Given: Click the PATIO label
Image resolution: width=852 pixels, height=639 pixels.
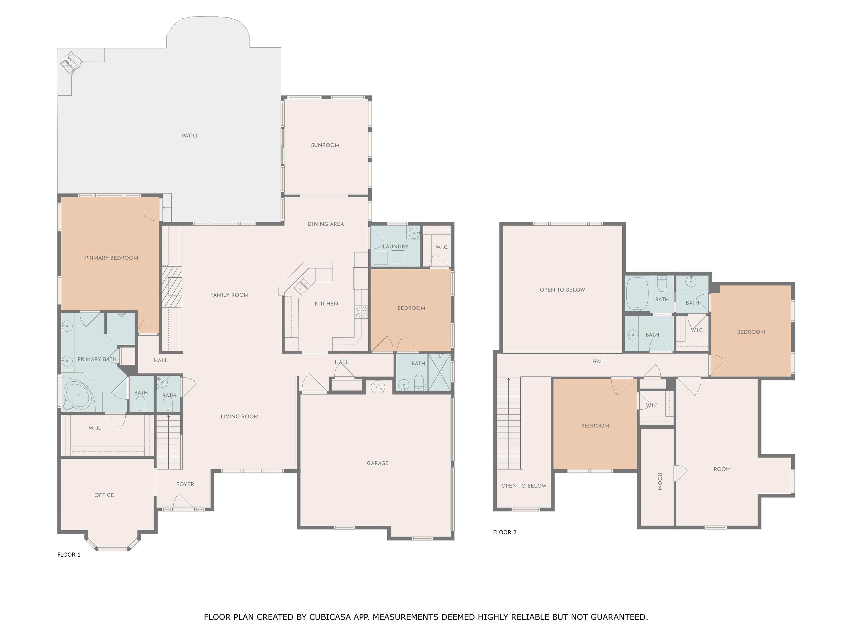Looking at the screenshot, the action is tap(189, 136).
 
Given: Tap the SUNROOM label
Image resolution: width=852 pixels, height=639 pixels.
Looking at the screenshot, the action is tap(325, 145).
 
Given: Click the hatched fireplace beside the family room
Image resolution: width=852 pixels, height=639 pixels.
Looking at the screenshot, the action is tap(171, 286).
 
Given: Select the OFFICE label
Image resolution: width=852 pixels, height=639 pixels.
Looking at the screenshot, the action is tap(104, 495).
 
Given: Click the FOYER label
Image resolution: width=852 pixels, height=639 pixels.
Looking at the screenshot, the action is tap(185, 485).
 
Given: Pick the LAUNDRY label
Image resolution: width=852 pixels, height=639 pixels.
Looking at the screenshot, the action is tap(395, 247).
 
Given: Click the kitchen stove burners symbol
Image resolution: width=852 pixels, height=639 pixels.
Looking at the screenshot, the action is tap(361, 312).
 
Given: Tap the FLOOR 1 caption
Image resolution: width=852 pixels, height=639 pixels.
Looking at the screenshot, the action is tap(69, 555).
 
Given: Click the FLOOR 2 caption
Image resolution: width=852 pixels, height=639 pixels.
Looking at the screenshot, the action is tap(504, 532).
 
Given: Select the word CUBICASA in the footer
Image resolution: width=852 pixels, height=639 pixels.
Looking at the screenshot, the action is tap(330, 617).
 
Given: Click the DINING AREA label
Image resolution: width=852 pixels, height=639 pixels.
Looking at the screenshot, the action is tap(326, 224).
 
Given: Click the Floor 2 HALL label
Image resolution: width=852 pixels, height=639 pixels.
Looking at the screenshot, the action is tap(599, 362).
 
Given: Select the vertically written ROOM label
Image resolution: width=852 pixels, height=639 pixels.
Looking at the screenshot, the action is tap(660, 481).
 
